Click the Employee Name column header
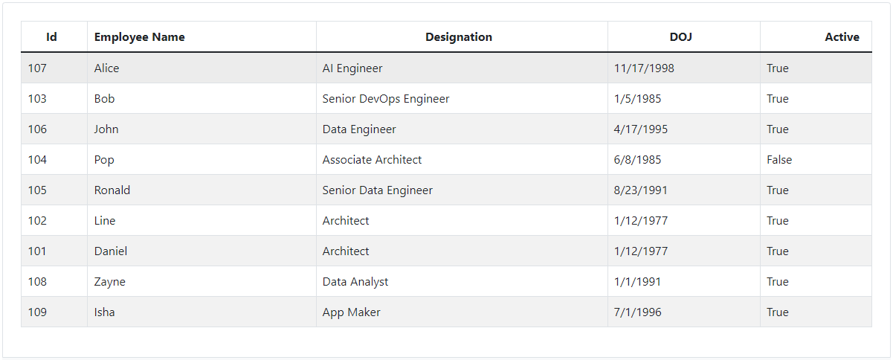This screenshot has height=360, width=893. pyautogui.click(x=140, y=37)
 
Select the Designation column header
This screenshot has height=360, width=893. pyautogui.click(x=459, y=37)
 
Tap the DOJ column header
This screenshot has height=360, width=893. pyautogui.click(x=680, y=37)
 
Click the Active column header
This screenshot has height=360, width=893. pyautogui.click(x=842, y=37)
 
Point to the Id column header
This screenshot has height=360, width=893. pyautogui.click(x=51, y=37)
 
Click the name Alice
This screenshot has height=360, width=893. pyautogui.click(x=107, y=68)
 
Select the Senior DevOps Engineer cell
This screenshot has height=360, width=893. pyautogui.click(x=386, y=99)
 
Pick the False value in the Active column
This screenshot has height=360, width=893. pyautogui.click(x=779, y=160)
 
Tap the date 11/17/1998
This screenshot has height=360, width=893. pyautogui.click(x=644, y=68)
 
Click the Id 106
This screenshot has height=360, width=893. pyautogui.click(x=37, y=129)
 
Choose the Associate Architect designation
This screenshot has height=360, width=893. pyautogui.click(x=372, y=160)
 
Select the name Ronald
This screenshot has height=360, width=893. pyautogui.click(x=112, y=190)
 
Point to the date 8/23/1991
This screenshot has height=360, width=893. pyautogui.click(x=641, y=190)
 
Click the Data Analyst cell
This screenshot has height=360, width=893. pyautogui.click(x=355, y=282)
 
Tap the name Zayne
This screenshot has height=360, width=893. pyautogui.click(x=110, y=282)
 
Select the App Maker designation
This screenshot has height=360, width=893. pyautogui.click(x=352, y=312)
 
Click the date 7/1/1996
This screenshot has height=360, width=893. pyautogui.click(x=638, y=312)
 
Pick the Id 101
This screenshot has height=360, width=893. pyautogui.click(x=37, y=251)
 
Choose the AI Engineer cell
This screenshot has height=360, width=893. pyautogui.click(x=352, y=68)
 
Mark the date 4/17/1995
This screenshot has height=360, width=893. pyautogui.click(x=641, y=129)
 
